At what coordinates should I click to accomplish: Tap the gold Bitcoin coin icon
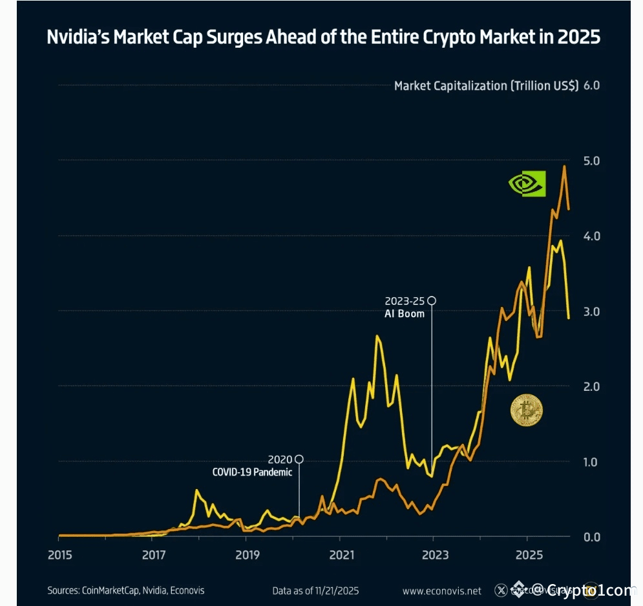526,410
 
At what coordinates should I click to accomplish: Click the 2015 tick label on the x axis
59,554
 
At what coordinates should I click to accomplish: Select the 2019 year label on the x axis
247,554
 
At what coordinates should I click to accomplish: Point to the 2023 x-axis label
435,554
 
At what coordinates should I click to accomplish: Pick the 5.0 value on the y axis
591,160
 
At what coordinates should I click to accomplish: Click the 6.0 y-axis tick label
591,85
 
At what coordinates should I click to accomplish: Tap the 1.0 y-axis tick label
591,462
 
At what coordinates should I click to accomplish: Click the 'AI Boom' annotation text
405,313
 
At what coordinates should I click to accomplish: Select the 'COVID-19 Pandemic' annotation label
252,472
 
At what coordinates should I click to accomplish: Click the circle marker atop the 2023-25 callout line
432,300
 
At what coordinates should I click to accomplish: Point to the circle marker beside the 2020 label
299,459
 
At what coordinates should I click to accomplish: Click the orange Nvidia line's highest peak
564,167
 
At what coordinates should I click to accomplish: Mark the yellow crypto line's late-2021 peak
377,336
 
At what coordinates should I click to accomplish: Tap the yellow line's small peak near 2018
196,490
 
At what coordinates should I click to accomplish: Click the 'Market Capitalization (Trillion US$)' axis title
486,85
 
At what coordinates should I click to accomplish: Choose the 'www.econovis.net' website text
441,590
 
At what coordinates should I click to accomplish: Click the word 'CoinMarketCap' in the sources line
108,590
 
